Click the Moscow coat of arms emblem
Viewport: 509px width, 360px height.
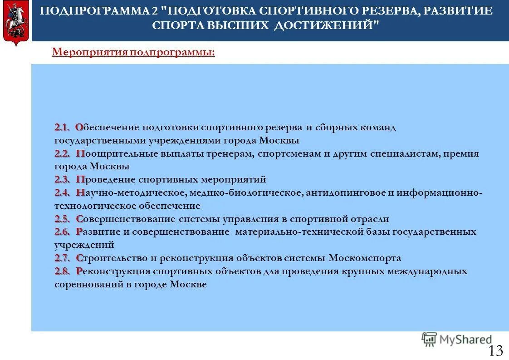pyautogui.click(x=16, y=23)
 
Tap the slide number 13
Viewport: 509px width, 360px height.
pyautogui.click(x=496, y=350)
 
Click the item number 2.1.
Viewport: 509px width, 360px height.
pyautogui.click(x=62, y=128)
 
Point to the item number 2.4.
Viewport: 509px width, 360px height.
pyautogui.click(x=63, y=193)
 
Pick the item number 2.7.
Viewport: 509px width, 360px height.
pyautogui.click(x=63, y=258)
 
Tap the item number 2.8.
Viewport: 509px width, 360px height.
pyautogui.click(x=63, y=271)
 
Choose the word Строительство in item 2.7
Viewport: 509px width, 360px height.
pyautogui.click(x=110, y=258)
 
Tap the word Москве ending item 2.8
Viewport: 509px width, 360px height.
pyautogui.click(x=189, y=285)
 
